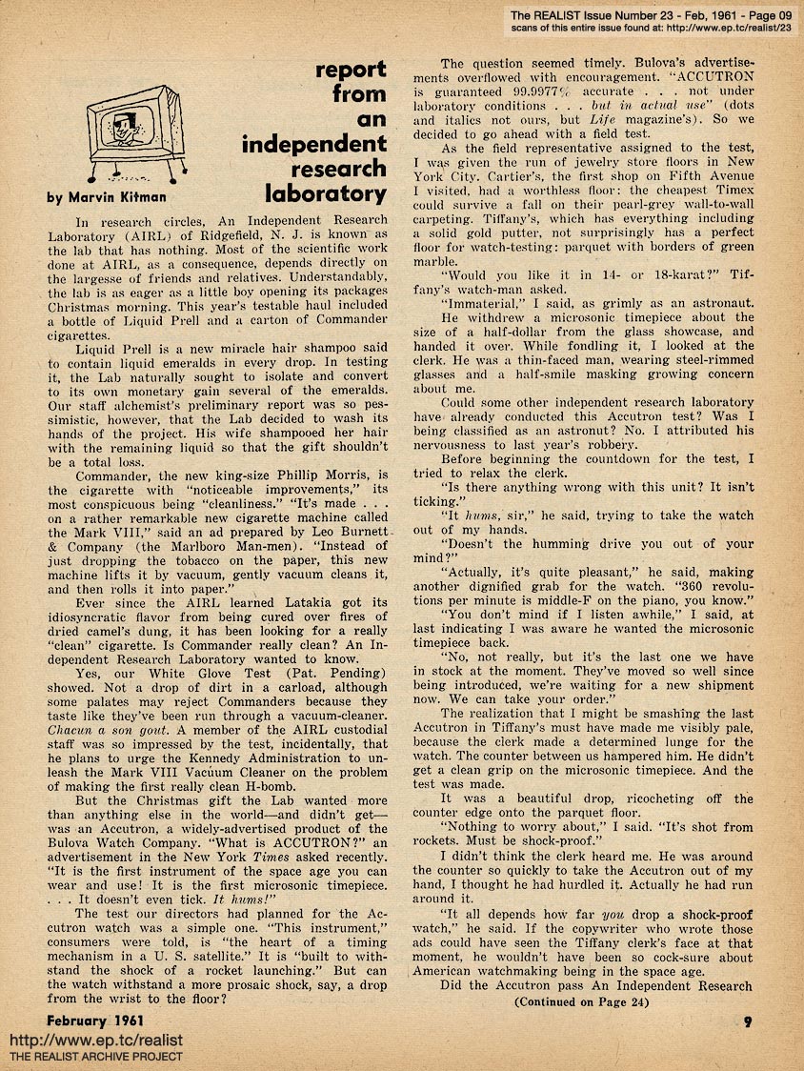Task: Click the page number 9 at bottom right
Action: (x=750, y=1023)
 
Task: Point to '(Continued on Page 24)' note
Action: (x=581, y=1001)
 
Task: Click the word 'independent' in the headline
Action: (x=314, y=145)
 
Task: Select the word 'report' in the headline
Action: (x=351, y=70)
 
